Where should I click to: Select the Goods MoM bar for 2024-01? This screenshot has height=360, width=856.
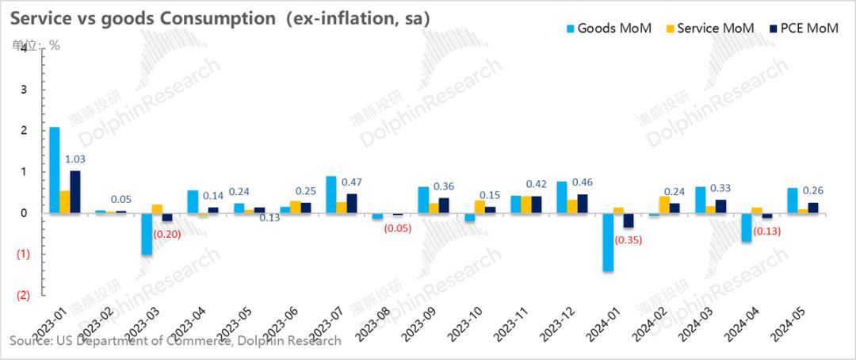[608, 242]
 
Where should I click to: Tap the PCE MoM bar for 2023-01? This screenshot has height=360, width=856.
[75, 191]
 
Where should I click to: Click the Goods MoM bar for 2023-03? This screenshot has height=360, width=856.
[147, 233]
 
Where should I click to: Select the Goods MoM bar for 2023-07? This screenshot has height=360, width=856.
[331, 194]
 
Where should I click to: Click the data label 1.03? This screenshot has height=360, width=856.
[75, 159]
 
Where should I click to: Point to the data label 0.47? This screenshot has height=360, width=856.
[352, 182]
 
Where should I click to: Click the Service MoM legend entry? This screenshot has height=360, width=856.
[707, 29]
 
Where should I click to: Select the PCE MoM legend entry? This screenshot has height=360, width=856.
[798, 29]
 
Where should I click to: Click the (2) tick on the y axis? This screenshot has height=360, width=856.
[23, 295]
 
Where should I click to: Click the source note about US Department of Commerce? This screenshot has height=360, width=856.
[175, 340]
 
